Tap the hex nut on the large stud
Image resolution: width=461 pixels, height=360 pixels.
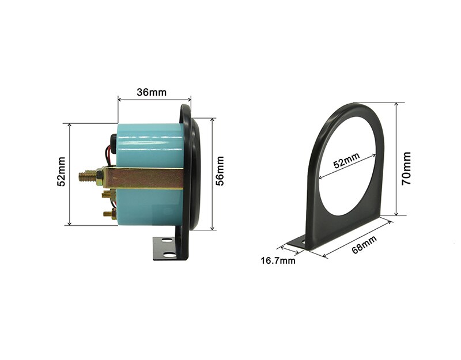pos(100,177)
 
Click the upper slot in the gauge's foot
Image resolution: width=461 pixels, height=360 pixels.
pos(167,241)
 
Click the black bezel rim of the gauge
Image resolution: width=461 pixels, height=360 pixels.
pos(192,173)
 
